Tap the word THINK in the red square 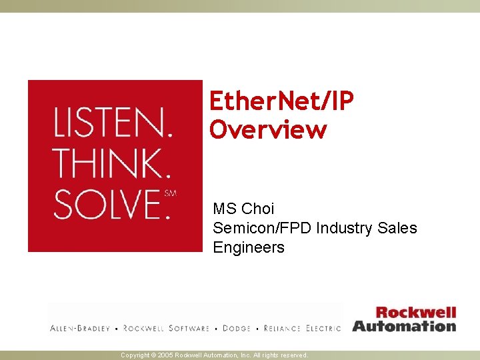point(111,163)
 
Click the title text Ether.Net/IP point(281,100)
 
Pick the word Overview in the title point(268,129)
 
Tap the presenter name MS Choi point(243,209)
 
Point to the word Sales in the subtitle point(397,228)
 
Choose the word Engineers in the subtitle point(249,247)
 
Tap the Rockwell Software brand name point(166,329)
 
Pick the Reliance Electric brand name point(302,329)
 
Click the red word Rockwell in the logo point(415,312)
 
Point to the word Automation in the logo point(404,326)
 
